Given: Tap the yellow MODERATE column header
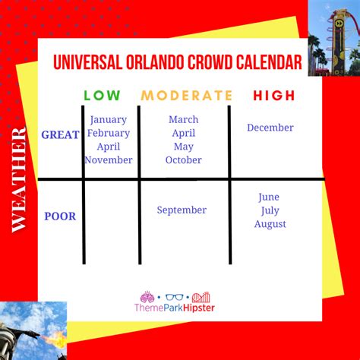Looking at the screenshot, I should (186, 96).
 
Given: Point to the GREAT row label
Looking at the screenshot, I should (61, 134).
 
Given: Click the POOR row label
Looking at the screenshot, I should (60, 216).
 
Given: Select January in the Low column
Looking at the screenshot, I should (109, 119).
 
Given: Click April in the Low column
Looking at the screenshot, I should (109, 147).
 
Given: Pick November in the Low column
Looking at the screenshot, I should (109, 160).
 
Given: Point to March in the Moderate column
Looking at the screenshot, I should (184, 119).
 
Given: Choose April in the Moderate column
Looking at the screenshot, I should (184, 133).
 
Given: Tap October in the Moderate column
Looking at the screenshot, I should (184, 160).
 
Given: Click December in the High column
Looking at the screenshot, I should (270, 128).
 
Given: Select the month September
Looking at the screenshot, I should (182, 210).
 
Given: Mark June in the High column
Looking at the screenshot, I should (270, 196).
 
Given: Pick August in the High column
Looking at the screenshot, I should (270, 224).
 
